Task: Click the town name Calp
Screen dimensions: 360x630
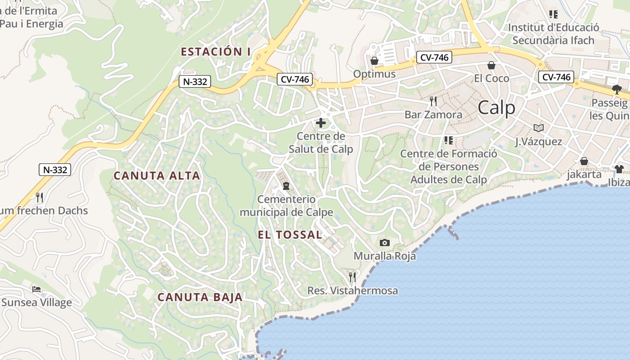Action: (x=496, y=108)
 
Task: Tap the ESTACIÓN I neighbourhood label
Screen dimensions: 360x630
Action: (x=216, y=52)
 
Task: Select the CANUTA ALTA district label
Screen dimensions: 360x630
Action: (x=157, y=175)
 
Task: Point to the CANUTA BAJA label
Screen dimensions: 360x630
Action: (x=200, y=297)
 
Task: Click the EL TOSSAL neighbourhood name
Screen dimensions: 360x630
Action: (x=290, y=234)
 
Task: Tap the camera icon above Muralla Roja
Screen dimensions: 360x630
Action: (x=384, y=243)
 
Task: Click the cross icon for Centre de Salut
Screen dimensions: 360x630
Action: (x=321, y=122)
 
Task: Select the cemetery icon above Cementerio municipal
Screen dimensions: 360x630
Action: (x=286, y=185)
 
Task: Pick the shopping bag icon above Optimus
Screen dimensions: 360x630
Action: (x=374, y=61)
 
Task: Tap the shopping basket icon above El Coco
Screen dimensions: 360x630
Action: (x=491, y=66)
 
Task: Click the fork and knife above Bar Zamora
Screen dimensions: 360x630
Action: (x=433, y=101)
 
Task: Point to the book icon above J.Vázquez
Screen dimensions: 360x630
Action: (x=538, y=128)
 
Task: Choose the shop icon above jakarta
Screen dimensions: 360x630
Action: (x=584, y=161)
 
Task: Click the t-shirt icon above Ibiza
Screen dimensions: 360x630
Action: (x=619, y=169)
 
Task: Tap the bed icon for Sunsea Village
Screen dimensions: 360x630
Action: (x=36, y=288)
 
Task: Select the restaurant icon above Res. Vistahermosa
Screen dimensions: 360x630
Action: (x=352, y=277)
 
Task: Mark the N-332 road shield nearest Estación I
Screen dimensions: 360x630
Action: (x=194, y=81)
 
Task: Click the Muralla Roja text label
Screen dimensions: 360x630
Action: (x=385, y=256)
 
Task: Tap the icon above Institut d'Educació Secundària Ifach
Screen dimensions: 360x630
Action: (x=553, y=14)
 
